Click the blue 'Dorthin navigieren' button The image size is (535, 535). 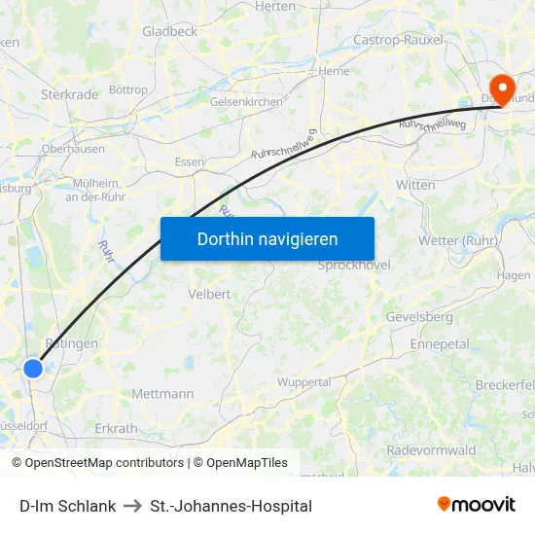pyautogui.click(x=267, y=238)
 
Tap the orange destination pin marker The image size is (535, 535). pyautogui.click(x=503, y=89)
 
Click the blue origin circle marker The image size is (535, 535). pyautogui.click(x=33, y=368)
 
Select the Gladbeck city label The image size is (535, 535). pyautogui.click(x=170, y=31)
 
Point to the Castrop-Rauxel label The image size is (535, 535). pyautogui.click(x=399, y=40)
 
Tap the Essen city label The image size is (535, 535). pyautogui.click(x=189, y=161)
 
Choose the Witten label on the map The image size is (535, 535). pyautogui.click(x=415, y=184)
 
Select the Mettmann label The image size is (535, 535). pyautogui.click(x=162, y=394)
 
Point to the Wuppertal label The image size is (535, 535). pyautogui.click(x=304, y=382)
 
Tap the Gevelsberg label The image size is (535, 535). pyautogui.click(x=419, y=317)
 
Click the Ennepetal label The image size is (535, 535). pyautogui.click(x=440, y=344)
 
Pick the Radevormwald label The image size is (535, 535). pyautogui.click(x=431, y=450)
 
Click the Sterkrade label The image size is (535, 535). pyautogui.click(x=69, y=94)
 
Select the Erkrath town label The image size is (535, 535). pyautogui.click(x=116, y=428)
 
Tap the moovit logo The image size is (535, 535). pyautogui.click(x=477, y=504)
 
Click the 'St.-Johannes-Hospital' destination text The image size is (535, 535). pyautogui.click(x=232, y=506)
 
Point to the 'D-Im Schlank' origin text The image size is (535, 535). pyautogui.click(x=68, y=506)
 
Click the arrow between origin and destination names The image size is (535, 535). pyautogui.click(x=133, y=506)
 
